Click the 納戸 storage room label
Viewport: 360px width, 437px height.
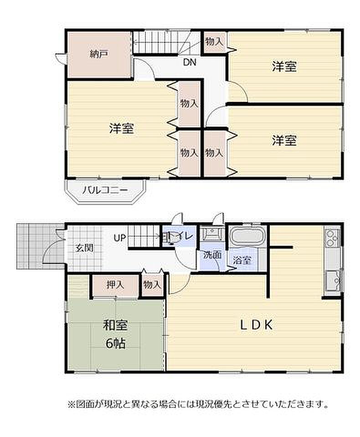[x=98, y=54]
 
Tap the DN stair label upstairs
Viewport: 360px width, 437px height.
[x=190, y=62]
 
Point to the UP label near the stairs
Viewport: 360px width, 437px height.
[x=120, y=238]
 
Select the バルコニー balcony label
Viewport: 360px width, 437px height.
[x=105, y=190]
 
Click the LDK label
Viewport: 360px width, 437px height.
[x=257, y=325]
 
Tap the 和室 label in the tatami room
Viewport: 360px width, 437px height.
[x=115, y=325]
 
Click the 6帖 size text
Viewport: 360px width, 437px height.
[x=115, y=343]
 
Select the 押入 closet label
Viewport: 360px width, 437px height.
[x=115, y=285]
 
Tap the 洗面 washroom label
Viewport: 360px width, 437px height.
[x=212, y=255]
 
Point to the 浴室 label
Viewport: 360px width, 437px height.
[x=242, y=260]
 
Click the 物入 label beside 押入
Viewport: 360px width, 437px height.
[x=152, y=285]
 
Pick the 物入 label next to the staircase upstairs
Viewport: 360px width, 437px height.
[x=214, y=42]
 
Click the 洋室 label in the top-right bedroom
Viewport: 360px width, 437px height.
[x=284, y=66]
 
